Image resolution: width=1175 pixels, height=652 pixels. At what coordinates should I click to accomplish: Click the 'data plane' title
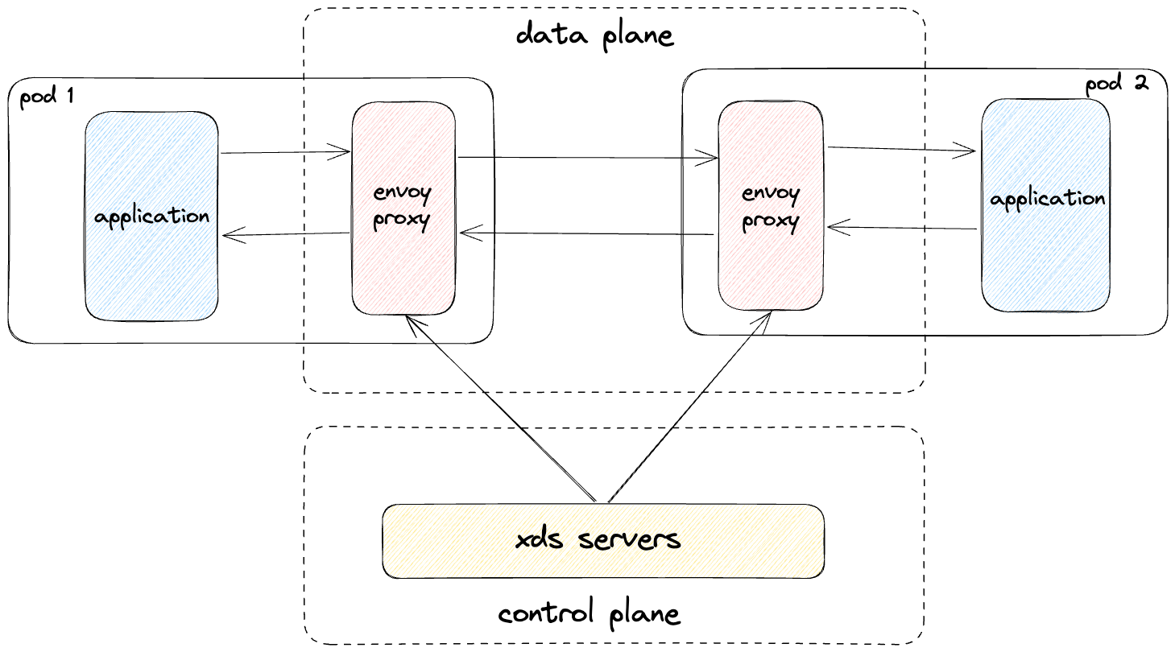595,36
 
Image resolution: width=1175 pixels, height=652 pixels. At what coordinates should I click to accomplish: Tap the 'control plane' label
589,613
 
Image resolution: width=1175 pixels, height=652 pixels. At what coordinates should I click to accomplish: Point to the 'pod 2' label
1117,84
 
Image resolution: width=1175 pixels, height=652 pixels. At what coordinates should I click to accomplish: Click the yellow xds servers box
603,541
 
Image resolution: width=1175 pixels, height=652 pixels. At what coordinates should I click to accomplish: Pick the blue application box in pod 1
151,216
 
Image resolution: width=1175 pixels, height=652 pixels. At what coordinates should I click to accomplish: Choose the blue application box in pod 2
1046,205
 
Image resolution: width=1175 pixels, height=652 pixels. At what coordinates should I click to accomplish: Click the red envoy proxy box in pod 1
403,208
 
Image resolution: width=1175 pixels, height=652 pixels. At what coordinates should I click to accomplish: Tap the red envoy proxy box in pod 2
771,205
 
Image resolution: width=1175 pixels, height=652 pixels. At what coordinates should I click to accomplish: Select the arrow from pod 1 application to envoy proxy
285,152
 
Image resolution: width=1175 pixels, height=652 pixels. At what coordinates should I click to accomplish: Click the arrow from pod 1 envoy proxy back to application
286,234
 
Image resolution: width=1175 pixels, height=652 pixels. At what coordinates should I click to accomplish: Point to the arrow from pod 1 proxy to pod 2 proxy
588,157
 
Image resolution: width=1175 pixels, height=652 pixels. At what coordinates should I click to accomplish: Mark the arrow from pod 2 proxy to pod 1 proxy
586,233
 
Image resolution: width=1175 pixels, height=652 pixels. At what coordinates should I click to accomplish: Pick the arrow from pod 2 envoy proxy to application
902,150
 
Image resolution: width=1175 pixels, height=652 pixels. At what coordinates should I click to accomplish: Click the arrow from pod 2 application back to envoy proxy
902,228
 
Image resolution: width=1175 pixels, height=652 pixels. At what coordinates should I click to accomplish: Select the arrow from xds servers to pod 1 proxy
501,408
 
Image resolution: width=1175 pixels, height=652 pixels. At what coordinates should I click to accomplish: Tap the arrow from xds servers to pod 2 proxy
689,406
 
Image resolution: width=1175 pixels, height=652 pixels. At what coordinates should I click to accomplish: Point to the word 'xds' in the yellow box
540,539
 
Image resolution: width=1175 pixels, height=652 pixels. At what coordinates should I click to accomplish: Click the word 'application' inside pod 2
1048,200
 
